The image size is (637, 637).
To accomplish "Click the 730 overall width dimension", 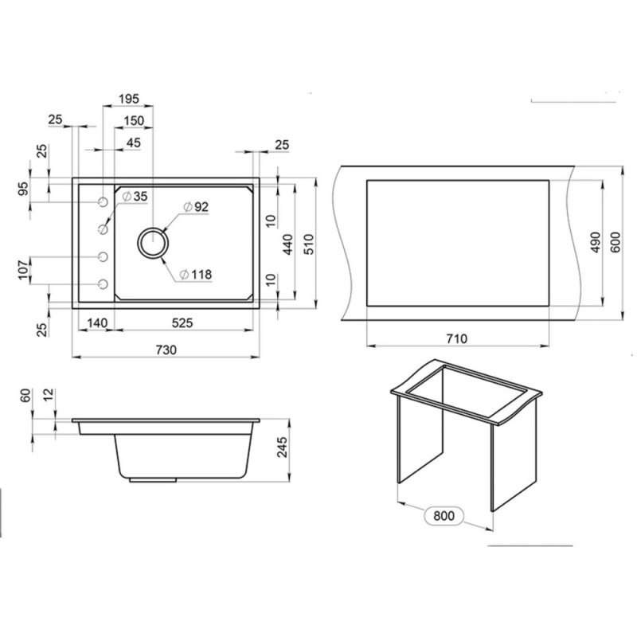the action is pos(166,350).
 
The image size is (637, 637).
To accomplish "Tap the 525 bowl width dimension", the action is pos(182,323).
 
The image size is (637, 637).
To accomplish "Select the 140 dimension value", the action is pos(97,323).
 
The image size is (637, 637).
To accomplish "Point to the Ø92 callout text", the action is pos(196,207).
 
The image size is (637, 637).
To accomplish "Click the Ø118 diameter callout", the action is pos(195,275).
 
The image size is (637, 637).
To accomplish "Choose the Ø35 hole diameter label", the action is pos(135,197).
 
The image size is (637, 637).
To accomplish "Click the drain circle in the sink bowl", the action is pos(153,243).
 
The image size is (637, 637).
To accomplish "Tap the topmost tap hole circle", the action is pos(104,202).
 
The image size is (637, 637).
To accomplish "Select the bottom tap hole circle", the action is pos(104,284).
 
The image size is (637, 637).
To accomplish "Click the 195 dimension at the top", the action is pos(129,99).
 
